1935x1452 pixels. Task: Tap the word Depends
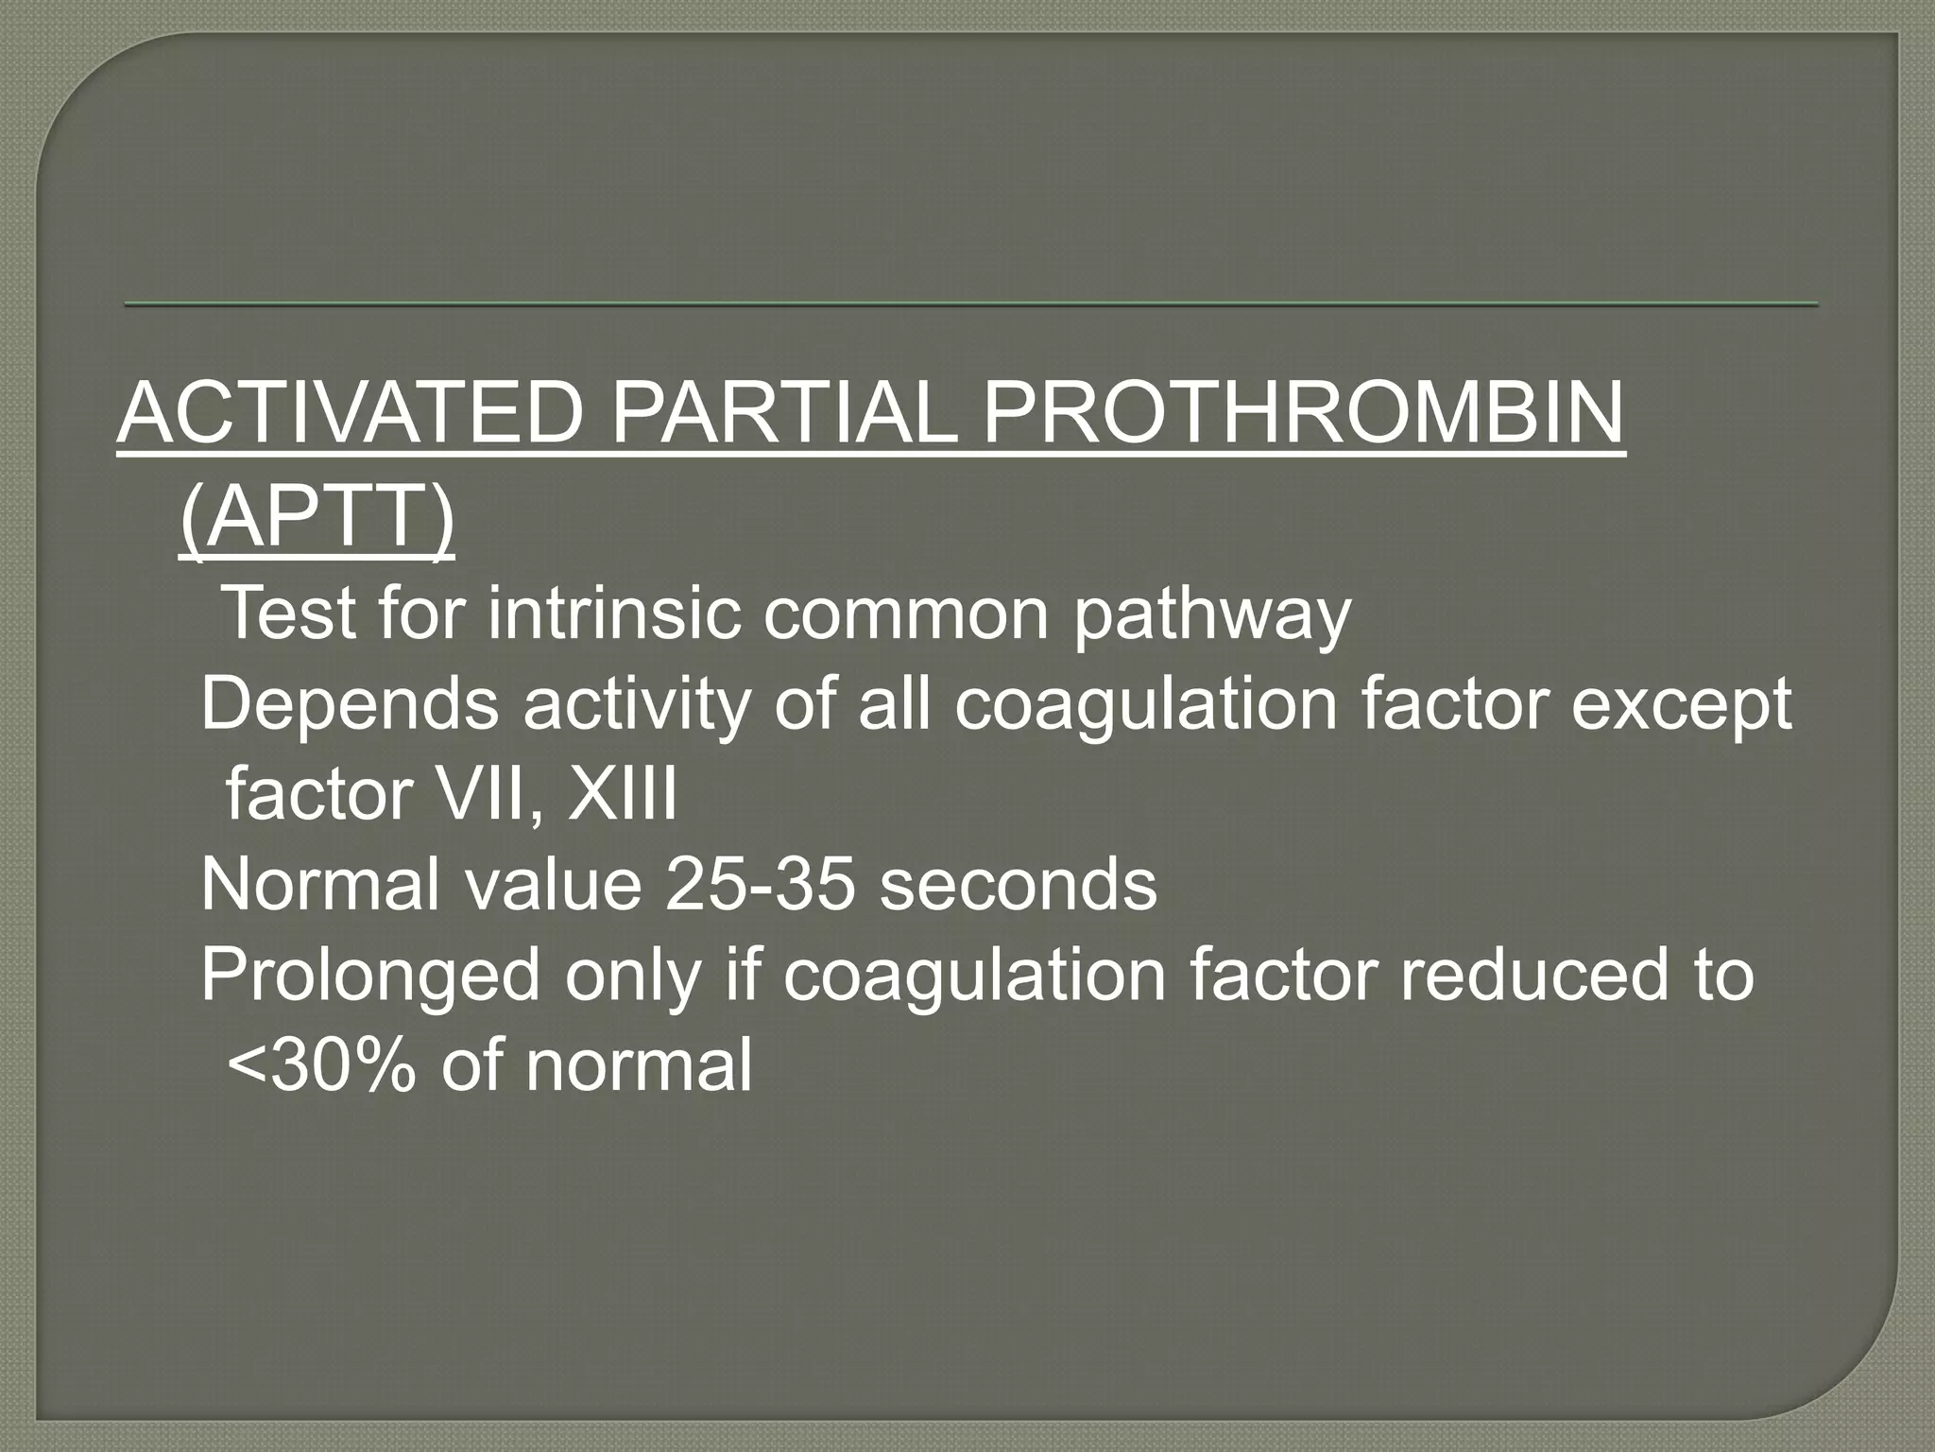350,706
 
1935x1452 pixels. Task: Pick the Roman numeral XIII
622,794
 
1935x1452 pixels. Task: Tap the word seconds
1019,885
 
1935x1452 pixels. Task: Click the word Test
292,614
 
